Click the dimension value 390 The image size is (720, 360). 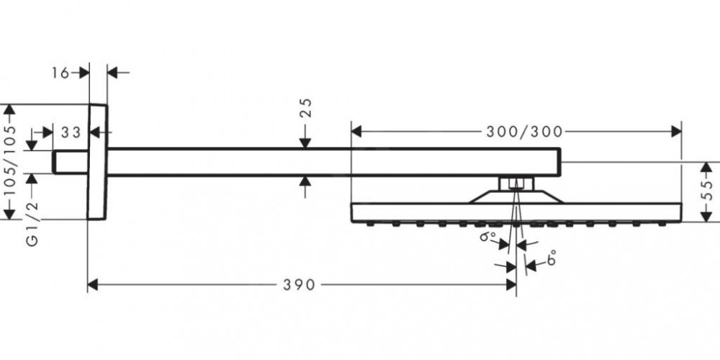(x=299, y=285)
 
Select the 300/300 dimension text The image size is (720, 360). (x=524, y=132)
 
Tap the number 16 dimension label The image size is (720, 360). (x=60, y=73)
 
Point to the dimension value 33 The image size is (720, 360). (x=71, y=132)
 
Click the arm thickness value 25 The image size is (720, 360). (x=306, y=108)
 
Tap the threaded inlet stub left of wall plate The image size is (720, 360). (x=70, y=162)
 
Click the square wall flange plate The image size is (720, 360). (x=97, y=162)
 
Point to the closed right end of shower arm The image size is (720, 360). (x=559, y=162)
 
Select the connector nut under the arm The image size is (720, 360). (x=516, y=184)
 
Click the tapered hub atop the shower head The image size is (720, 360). (x=516, y=197)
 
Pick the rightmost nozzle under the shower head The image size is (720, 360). (x=662, y=225)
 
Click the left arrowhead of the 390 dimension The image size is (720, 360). (x=92, y=284)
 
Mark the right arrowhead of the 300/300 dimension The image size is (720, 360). (x=676, y=132)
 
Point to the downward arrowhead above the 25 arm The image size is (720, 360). (x=305, y=143)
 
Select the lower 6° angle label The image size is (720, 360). (x=552, y=258)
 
